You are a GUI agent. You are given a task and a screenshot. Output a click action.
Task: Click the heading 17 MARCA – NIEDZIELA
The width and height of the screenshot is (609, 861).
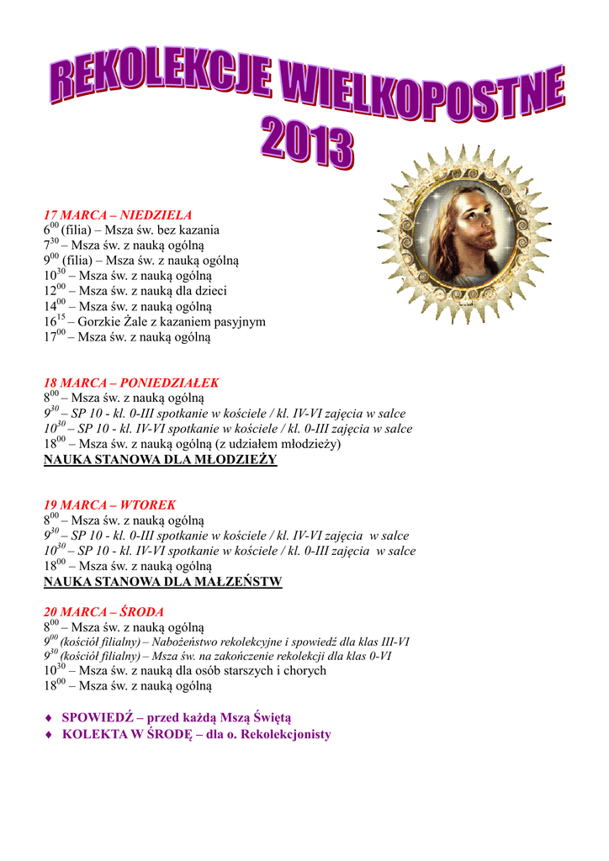[x=118, y=215]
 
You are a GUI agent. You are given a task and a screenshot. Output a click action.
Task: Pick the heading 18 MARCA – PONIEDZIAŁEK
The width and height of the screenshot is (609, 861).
[x=131, y=383]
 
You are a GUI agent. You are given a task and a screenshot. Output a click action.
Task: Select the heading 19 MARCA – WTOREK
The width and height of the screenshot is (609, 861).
[x=109, y=505]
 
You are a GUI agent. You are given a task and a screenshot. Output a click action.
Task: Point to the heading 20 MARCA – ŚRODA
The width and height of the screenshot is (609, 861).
[x=103, y=612]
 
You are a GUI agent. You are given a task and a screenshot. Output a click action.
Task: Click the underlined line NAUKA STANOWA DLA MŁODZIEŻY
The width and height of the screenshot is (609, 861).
[x=160, y=460]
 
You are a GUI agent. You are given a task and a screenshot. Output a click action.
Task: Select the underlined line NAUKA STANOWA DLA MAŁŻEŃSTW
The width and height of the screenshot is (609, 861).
[x=162, y=582]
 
